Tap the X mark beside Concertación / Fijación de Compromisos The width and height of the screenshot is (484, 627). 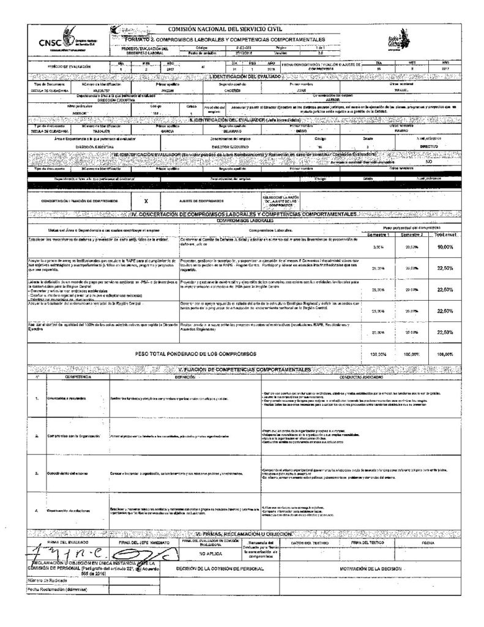(146, 200)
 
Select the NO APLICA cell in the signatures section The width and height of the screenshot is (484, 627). (210, 554)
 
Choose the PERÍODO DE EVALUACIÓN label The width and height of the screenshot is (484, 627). (69, 66)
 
